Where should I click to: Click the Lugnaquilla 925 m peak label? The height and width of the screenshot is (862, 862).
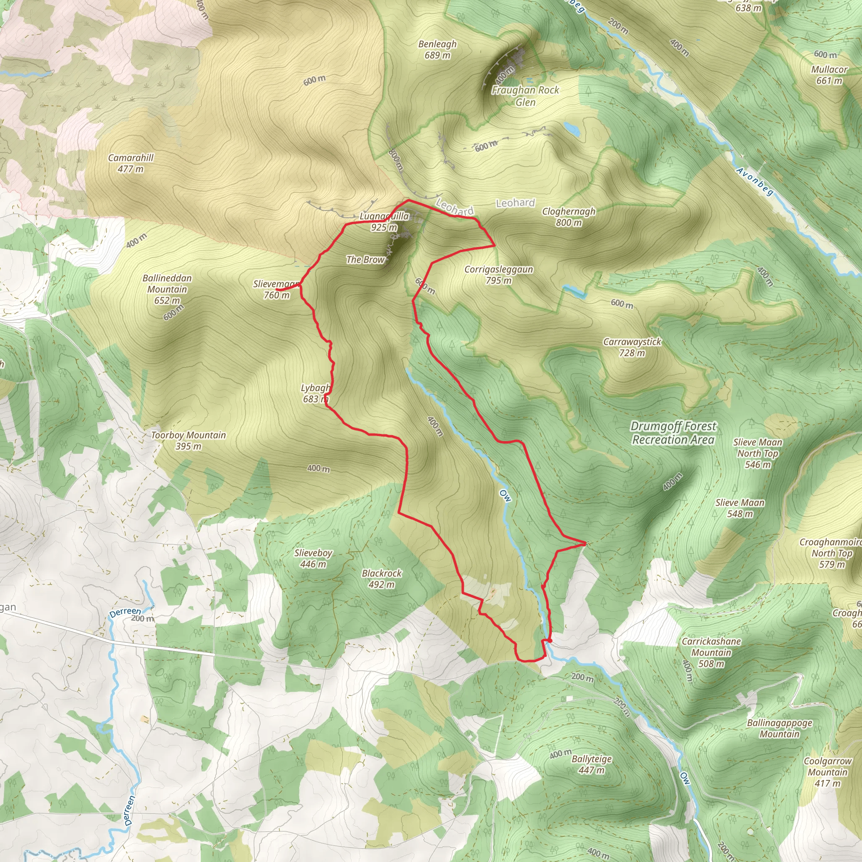384,222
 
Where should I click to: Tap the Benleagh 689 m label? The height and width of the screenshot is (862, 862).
437,50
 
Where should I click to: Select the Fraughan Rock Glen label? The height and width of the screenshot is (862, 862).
525,96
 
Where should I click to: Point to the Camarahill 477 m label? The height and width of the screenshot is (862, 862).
131,163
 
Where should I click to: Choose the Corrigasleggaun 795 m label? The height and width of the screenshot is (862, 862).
498,275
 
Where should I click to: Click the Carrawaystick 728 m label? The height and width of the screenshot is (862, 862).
632,347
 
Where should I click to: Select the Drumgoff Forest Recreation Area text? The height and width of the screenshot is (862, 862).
673,433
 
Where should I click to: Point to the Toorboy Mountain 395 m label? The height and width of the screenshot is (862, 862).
188,440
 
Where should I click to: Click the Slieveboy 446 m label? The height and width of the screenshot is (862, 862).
313,558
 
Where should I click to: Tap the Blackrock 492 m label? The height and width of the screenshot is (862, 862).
381,578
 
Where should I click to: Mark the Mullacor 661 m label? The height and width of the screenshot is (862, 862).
829,75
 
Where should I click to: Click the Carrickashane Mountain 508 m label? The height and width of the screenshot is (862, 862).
711,652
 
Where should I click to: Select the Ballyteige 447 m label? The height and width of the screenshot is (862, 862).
592,764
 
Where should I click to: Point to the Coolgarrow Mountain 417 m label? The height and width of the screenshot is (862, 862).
827,772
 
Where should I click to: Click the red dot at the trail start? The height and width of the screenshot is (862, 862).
550,641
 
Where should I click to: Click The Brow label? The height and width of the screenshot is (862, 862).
365,259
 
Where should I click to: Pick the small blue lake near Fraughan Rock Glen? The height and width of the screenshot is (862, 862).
572,129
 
